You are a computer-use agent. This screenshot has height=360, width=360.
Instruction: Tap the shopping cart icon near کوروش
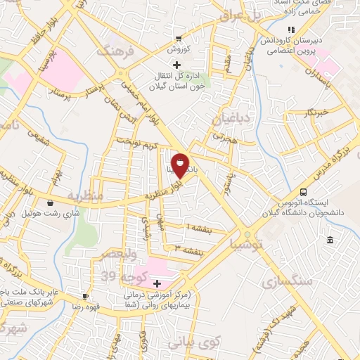pyautogui.click(x=179, y=38)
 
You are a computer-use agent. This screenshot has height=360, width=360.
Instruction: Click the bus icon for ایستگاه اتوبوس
pyautogui.click(x=303, y=191)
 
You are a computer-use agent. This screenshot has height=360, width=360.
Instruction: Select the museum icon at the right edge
pyautogui.click(x=330, y=241)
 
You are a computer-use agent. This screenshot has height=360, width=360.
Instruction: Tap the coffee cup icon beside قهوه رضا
pyautogui.click(x=86, y=296)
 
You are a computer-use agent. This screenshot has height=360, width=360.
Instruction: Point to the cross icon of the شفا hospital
pyautogui.click(x=156, y=283)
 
